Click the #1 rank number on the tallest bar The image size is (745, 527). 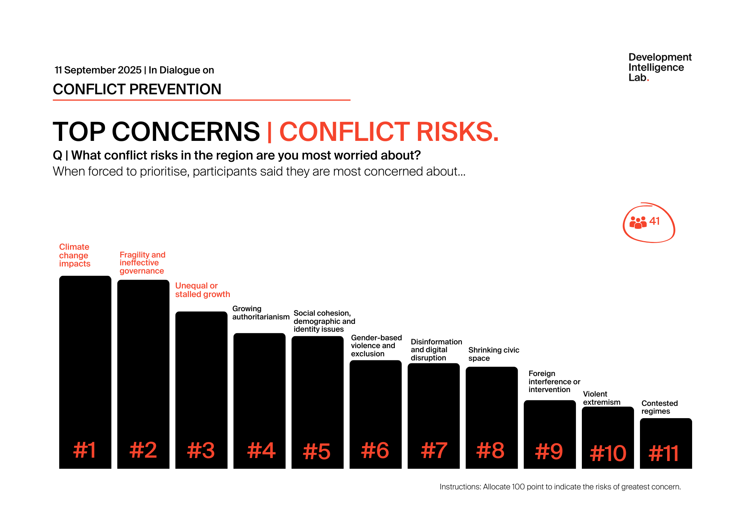(85, 450)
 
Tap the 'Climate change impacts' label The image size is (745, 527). (74, 255)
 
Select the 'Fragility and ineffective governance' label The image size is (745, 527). (142, 263)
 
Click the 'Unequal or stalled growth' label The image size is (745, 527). (202, 290)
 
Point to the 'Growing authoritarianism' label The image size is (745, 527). (260, 313)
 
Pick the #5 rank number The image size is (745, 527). (317, 451)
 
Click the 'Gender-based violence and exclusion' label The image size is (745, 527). (376, 345)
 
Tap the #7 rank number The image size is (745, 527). (434, 450)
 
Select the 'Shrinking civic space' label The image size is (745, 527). (493, 354)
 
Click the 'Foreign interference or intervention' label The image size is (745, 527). (554, 381)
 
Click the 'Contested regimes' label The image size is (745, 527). (659, 407)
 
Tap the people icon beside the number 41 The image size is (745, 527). (638, 223)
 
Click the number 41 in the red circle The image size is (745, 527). (654, 221)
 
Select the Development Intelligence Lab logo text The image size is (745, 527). (659, 67)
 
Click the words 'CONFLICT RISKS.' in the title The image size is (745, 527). (389, 132)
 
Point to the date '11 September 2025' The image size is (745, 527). (98, 70)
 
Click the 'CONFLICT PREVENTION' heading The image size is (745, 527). (137, 89)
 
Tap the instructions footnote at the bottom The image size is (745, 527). (560, 487)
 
